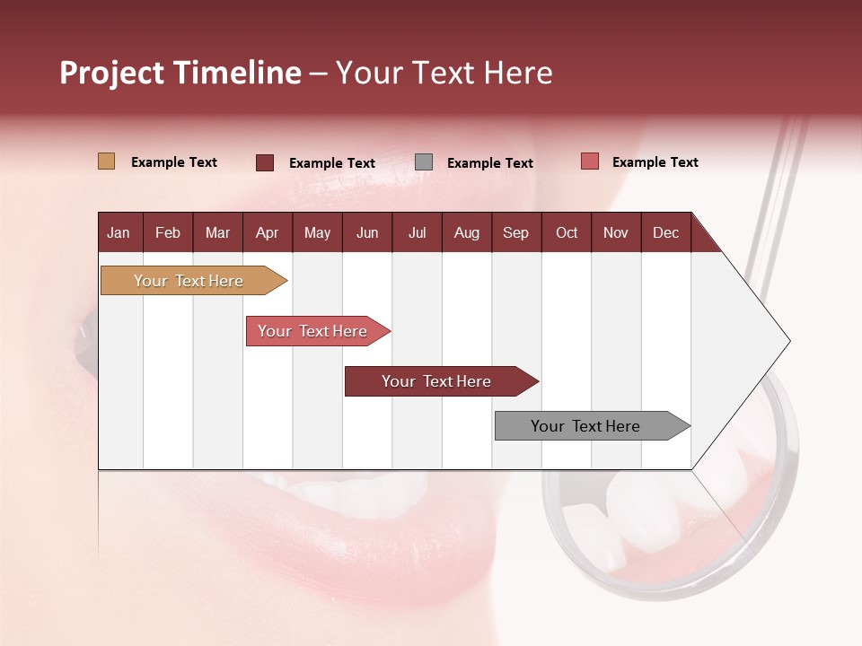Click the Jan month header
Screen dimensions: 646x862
pyautogui.click(x=119, y=232)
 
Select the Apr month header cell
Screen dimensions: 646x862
pyautogui.click(x=268, y=232)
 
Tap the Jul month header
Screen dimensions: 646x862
pyautogui.click(x=417, y=232)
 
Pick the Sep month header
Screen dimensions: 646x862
pyautogui.click(x=515, y=232)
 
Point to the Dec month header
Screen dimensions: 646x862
pyautogui.click(x=665, y=232)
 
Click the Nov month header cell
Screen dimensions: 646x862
pyautogui.click(x=616, y=232)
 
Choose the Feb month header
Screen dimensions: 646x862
pyautogui.click(x=168, y=232)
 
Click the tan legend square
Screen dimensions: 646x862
pyautogui.click(x=106, y=161)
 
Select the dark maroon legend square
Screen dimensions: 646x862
pyautogui.click(x=264, y=162)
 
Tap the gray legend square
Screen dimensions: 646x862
pyautogui.click(x=424, y=162)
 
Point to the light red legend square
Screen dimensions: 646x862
pyautogui.click(x=589, y=161)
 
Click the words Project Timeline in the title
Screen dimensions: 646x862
pyautogui.click(x=180, y=73)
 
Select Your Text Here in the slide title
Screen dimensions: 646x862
pyautogui.click(x=444, y=73)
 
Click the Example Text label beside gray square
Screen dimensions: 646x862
pyautogui.click(x=489, y=163)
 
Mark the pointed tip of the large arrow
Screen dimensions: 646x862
pyautogui.click(x=788, y=341)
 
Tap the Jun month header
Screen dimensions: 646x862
pyautogui.click(x=367, y=232)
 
